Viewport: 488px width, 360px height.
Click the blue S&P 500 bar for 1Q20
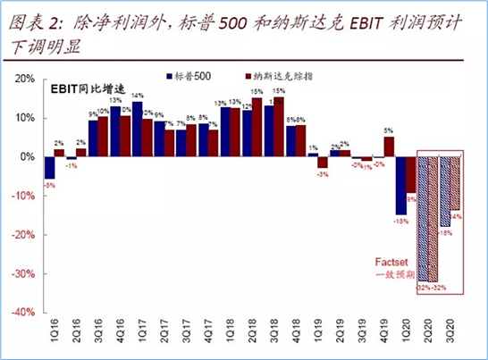(x=401, y=185)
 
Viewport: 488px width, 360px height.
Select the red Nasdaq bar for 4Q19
(x=390, y=147)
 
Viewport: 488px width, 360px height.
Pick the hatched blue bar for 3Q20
(x=444, y=191)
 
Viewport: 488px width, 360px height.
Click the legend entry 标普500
(x=191, y=79)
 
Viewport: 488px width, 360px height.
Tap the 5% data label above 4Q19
(x=389, y=130)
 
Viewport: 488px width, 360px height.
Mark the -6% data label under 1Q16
(x=49, y=185)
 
